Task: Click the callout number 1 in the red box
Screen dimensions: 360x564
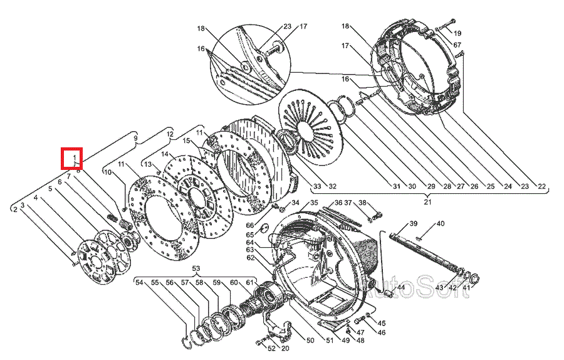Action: [x=75, y=156]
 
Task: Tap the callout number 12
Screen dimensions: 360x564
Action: [x=169, y=134]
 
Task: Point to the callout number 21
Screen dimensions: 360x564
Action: [x=428, y=201]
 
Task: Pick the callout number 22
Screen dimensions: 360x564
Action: [x=541, y=186]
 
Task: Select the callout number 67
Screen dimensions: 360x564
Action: [x=457, y=45]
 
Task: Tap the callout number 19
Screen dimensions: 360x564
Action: [x=457, y=33]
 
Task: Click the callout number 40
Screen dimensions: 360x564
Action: [x=441, y=223]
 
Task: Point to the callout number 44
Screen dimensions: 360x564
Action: [x=401, y=287]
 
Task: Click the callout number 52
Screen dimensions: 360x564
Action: [x=271, y=348]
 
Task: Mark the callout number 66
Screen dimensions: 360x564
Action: [x=249, y=225]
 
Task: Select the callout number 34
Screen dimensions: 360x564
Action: [x=295, y=203]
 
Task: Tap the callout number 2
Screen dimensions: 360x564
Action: [x=14, y=209]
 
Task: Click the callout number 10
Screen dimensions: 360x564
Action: [x=107, y=172]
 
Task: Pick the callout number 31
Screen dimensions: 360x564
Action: [x=396, y=186]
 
